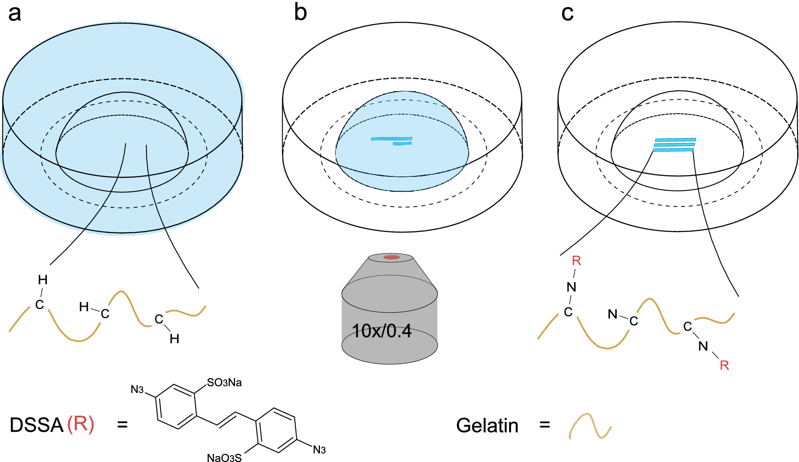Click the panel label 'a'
pyautogui.click(x=14, y=14)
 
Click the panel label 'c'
pyautogui.click(x=567, y=14)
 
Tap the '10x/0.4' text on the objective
pyautogui.click(x=382, y=331)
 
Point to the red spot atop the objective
pyautogui.click(x=391, y=257)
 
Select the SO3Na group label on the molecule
pyautogui.click(x=224, y=383)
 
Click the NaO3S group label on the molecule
pyautogui.click(x=224, y=457)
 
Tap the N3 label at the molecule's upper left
pyautogui.click(x=137, y=389)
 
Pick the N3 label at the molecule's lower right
pyautogui.click(x=319, y=450)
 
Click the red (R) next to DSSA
pyautogui.click(x=81, y=425)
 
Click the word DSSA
pyautogui.click(x=37, y=425)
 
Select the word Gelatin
pyautogui.click(x=487, y=425)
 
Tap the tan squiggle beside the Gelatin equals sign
pyautogui.click(x=589, y=426)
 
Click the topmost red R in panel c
pyautogui.click(x=576, y=261)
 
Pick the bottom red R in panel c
pyautogui.click(x=724, y=365)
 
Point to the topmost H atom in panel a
pyautogui.click(x=43, y=280)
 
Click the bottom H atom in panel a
pyautogui.click(x=174, y=339)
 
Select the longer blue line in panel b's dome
pyautogui.click(x=391, y=139)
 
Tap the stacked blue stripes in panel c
pyautogui.click(x=675, y=145)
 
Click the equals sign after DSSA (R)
pyautogui.click(x=122, y=425)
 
